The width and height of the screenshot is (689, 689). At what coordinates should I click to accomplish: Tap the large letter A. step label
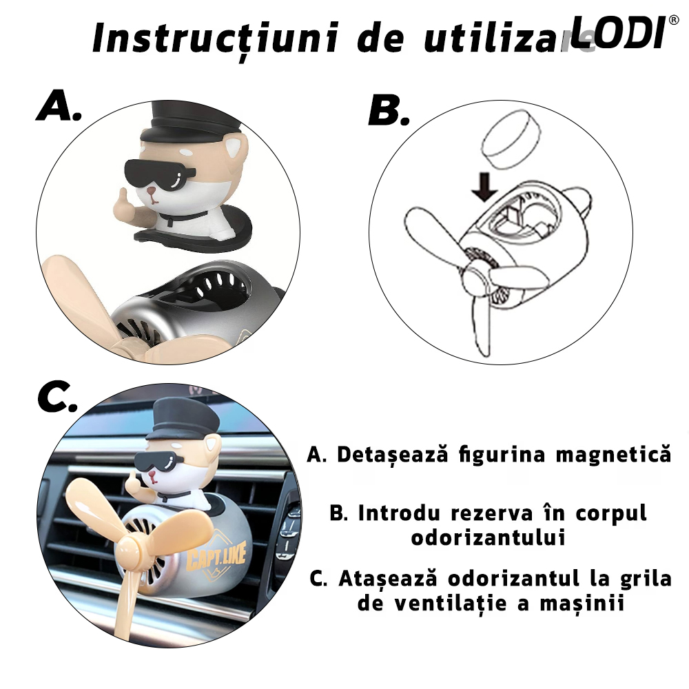(x=59, y=105)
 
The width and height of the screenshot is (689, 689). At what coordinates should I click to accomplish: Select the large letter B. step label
(x=389, y=110)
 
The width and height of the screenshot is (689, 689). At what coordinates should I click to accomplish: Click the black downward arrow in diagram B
(x=484, y=186)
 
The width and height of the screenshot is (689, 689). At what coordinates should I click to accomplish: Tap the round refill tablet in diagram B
(x=511, y=139)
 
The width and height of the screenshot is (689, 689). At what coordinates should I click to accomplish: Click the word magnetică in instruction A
(x=613, y=454)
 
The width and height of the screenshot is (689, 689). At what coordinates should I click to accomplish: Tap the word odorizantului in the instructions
(x=489, y=537)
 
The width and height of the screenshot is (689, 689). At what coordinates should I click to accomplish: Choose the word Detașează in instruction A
(x=393, y=455)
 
